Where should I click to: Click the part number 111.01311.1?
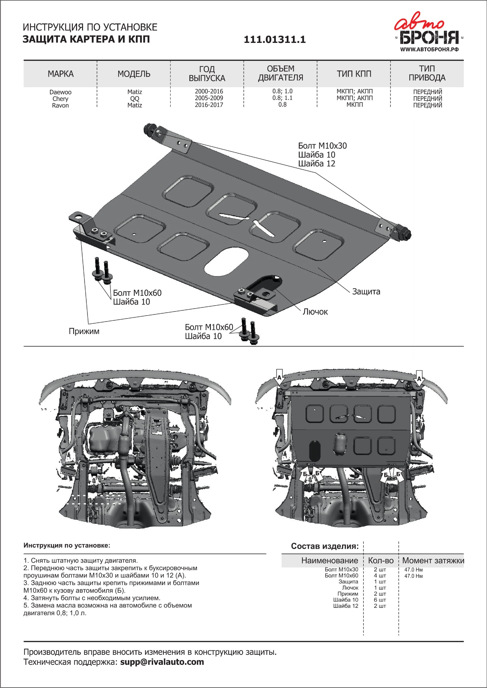pyautogui.click(x=275, y=40)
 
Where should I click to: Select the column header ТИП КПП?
pyautogui.click(x=354, y=74)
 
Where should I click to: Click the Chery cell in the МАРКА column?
pyautogui.click(x=60, y=99)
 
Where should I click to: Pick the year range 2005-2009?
pyautogui.click(x=209, y=98)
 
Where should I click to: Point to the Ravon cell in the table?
pyautogui.click(x=60, y=105)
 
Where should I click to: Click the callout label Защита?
pyautogui.click(x=366, y=291)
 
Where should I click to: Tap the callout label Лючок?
pyautogui.click(x=315, y=312)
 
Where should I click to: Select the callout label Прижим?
pyautogui.click(x=84, y=331)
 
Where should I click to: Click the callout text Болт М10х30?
pyautogui.click(x=322, y=146)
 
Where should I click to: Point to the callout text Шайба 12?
pyautogui.click(x=316, y=164)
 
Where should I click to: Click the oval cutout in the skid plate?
pyautogui.click(x=226, y=261)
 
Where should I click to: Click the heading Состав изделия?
pyautogui.click(x=325, y=546)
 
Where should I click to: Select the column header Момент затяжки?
pyautogui.click(x=433, y=560)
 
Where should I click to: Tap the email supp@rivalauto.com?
pyautogui.click(x=162, y=662)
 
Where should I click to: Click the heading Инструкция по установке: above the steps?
pyautogui.click(x=67, y=545)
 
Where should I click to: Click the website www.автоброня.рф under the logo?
pyautogui.click(x=429, y=49)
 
